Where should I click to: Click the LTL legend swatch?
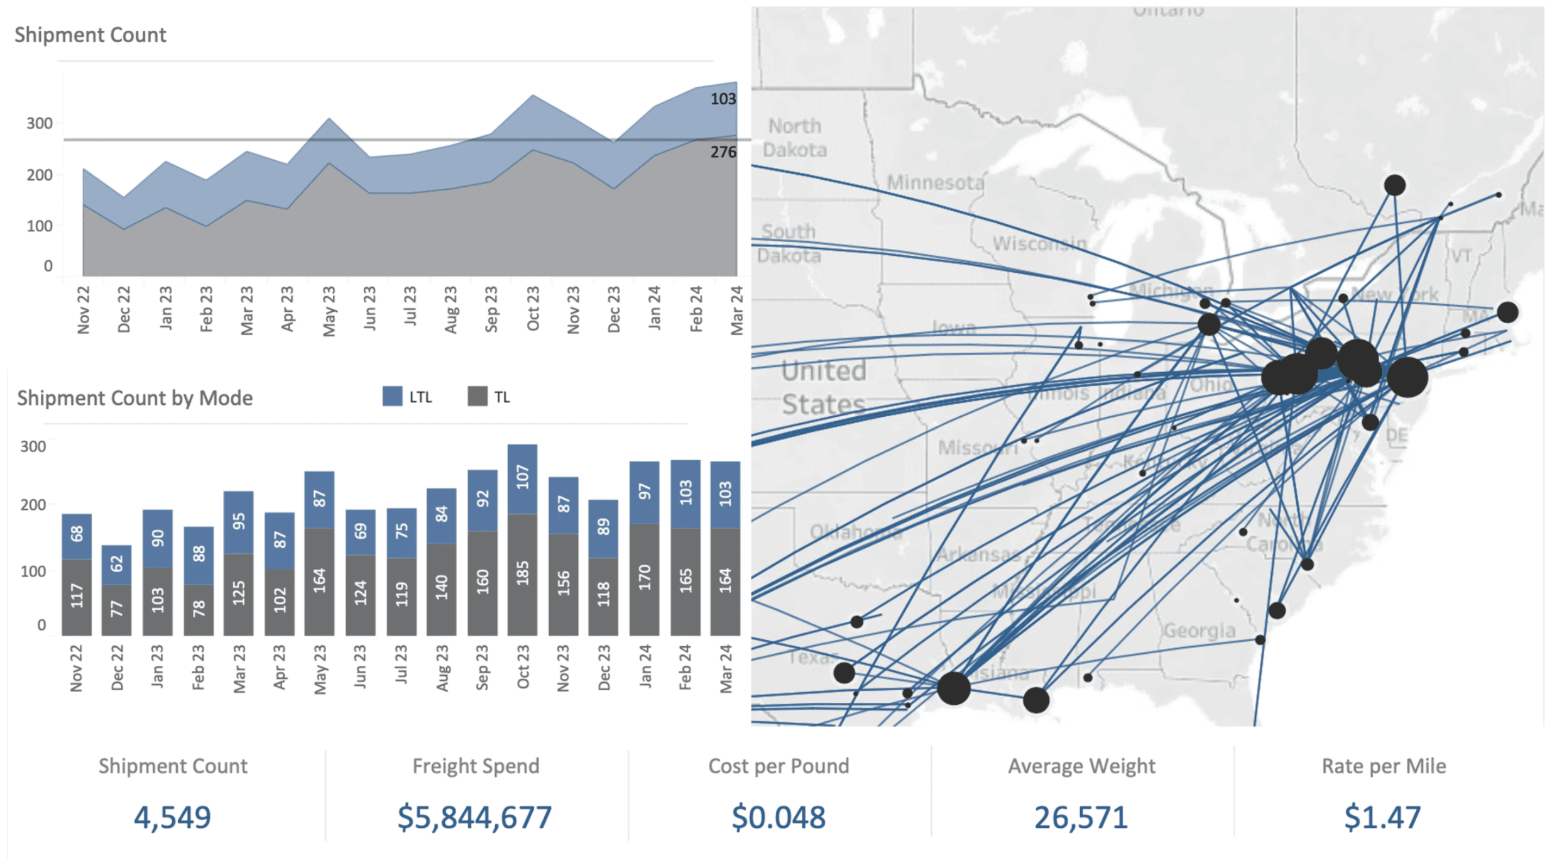click(x=392, y=397)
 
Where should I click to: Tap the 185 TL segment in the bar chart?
click(x=522, y=573)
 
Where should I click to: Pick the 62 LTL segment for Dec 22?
click(x=116, y=564)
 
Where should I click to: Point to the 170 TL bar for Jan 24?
click(x=644, y=578)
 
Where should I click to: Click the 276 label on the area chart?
click(x=723, y=152)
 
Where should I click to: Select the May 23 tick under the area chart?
click(x=329, y=311)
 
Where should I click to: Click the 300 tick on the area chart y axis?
click(x=40, y=123)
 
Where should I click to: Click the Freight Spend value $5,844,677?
click(x=474, y=817)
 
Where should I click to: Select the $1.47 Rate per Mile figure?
click(x=1382, y=817)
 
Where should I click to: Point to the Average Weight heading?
click(x=1081, y=766)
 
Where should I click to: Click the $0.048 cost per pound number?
click(x=778, y=817)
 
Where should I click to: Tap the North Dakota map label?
click(x=794, y=138)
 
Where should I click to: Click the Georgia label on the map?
click(x=1199, y=630)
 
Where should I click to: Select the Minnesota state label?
click(x=935, y=182)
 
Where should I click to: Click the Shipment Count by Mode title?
click(x=134, y=398)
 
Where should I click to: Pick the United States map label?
click(x=823, y=387)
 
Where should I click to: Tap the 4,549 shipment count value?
click(x=172, y=817)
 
